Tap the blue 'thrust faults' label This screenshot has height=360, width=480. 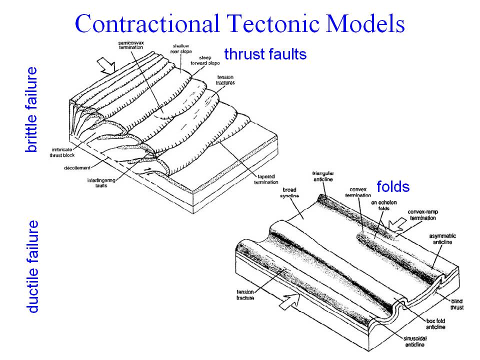click(265, 54)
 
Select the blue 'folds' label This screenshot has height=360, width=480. click(393, 187)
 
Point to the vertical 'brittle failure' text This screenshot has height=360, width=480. click(31, 109)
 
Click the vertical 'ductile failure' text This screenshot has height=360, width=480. click(32, 266)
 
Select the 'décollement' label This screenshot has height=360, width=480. click(77, 168)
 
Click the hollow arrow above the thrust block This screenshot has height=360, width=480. click(107, 63)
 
